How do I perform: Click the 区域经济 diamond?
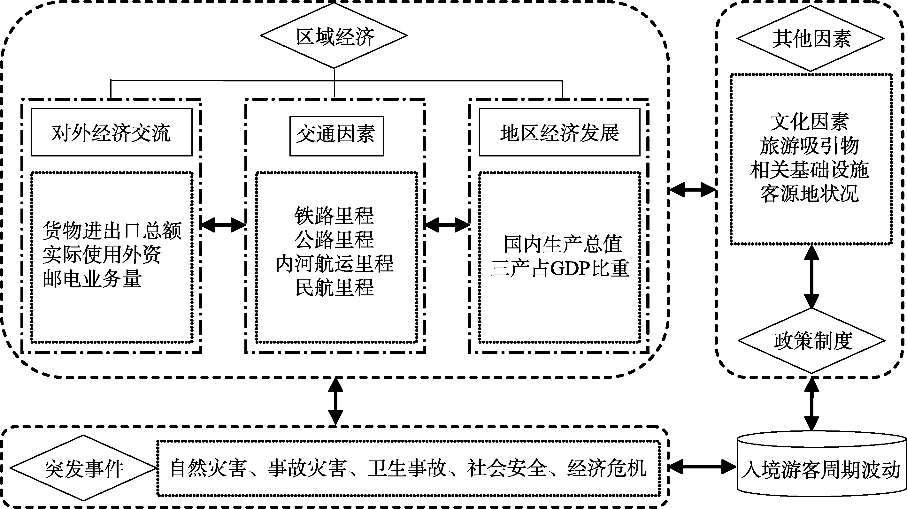(334, 36)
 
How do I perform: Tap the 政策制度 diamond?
(812, 340)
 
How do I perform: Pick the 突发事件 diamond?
(84, 468)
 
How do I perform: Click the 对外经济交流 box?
(111, 132)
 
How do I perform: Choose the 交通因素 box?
(337, 136)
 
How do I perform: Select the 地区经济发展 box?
(559, 132)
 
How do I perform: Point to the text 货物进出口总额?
(112, 231)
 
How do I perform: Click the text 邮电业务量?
(92, 279)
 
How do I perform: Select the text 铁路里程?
(334, 216)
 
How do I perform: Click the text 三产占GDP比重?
(560, 268)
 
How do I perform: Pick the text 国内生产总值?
(563, 244)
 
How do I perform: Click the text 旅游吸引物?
(810, 146)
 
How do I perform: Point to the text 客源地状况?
(810, 193)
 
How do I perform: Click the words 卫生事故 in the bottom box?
(407, 468)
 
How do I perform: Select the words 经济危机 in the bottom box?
(607, 468)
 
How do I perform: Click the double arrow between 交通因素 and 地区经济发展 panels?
(446, 224)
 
